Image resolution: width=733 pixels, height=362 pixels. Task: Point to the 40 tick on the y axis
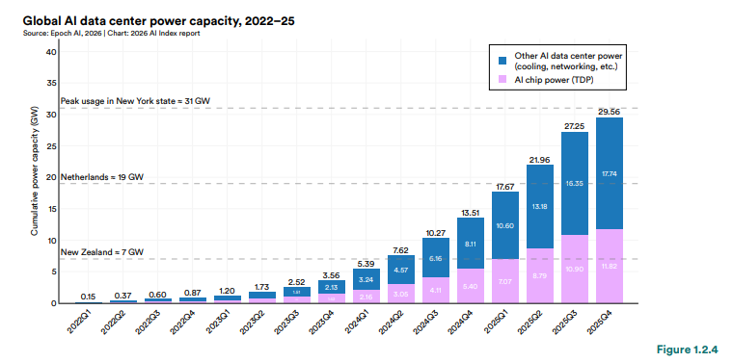pyautogui.click(x=50, y=51)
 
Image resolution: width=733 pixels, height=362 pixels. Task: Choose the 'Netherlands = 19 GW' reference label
pyautogui.click(x=101, y=178)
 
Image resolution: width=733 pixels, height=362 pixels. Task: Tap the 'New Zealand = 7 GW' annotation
pyautogui.click(x=103, y=252)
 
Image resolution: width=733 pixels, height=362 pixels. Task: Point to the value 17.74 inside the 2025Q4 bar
pyautogui.click(x=609, y=173)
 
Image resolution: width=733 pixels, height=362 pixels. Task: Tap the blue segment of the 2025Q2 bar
pyautogui.click(x=540, y=207)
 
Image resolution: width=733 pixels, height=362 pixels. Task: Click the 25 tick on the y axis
pyautogui.click(x=50, y=145)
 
